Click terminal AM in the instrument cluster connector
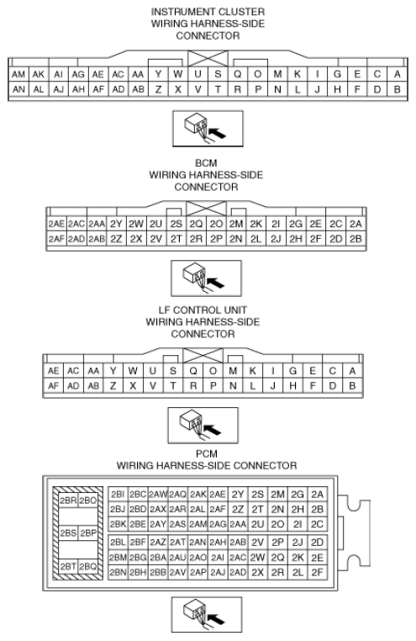(18, 74)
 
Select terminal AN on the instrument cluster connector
(18, 89)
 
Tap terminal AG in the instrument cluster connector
(78, 74)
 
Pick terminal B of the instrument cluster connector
(397, 89)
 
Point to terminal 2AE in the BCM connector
(56, 224)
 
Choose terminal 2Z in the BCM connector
(116, 239)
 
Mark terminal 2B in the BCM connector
(355, 239)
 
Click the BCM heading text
(206, 163)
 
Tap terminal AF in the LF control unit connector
(53, 385)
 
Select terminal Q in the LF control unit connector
(193, 371)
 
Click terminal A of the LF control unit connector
(352, 371)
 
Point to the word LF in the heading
(164, 310)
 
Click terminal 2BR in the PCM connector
(68, 501)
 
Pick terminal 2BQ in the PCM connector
(87, 567)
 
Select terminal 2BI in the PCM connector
(118, 495)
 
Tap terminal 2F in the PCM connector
(317, 572)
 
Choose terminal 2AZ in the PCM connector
(158, 542)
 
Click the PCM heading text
(207, 453)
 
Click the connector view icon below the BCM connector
(206, 278)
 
